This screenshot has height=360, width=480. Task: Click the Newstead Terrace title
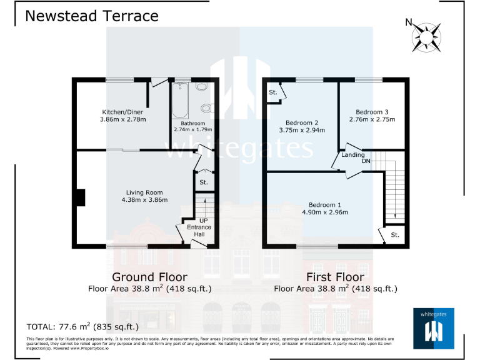(91, 16)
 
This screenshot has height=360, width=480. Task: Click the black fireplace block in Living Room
(79, 197)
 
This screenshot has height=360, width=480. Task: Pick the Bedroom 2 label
(302, 122)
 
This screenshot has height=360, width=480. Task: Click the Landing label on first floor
(353, 154)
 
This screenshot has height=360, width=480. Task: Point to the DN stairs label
(366, 161)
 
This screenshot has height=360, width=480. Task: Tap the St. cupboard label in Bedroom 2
(272, 92)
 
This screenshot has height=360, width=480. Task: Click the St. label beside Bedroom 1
(394, 235)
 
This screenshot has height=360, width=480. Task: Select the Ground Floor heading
(149, 276)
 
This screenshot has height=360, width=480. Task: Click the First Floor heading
(335, 276)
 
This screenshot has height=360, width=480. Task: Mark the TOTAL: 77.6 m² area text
(82, 326)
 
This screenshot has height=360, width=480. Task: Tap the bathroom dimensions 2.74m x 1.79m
(192, 129)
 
